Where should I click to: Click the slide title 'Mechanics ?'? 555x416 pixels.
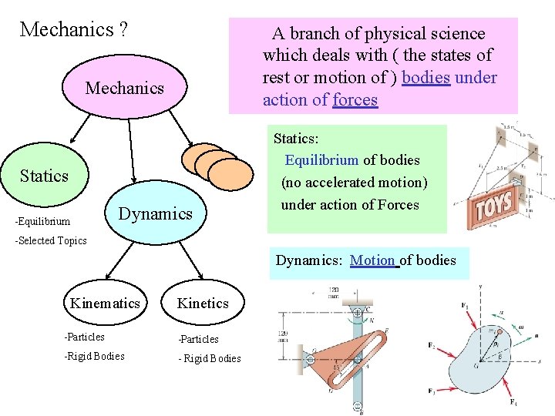click(74, 30)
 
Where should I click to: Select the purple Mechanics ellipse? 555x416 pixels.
click(125, 88)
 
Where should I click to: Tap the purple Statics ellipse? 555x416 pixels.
click(45, 176)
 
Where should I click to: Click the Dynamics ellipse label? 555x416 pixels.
click(155, 213)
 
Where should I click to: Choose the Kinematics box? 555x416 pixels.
click(106, 303)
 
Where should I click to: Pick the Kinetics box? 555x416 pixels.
click(203, 303)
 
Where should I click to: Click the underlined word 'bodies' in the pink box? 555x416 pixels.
click(426, 78)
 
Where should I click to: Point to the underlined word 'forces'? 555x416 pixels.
click(355, 100)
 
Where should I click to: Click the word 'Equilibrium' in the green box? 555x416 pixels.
click(321, 160)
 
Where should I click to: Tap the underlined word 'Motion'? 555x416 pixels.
click(374, 260)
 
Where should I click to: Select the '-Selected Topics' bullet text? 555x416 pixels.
click(52, 240)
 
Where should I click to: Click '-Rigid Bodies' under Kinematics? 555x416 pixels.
click(95, 356)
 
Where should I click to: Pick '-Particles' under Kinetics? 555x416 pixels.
click(198, 339)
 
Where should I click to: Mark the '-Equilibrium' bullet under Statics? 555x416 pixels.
click(42, 222)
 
